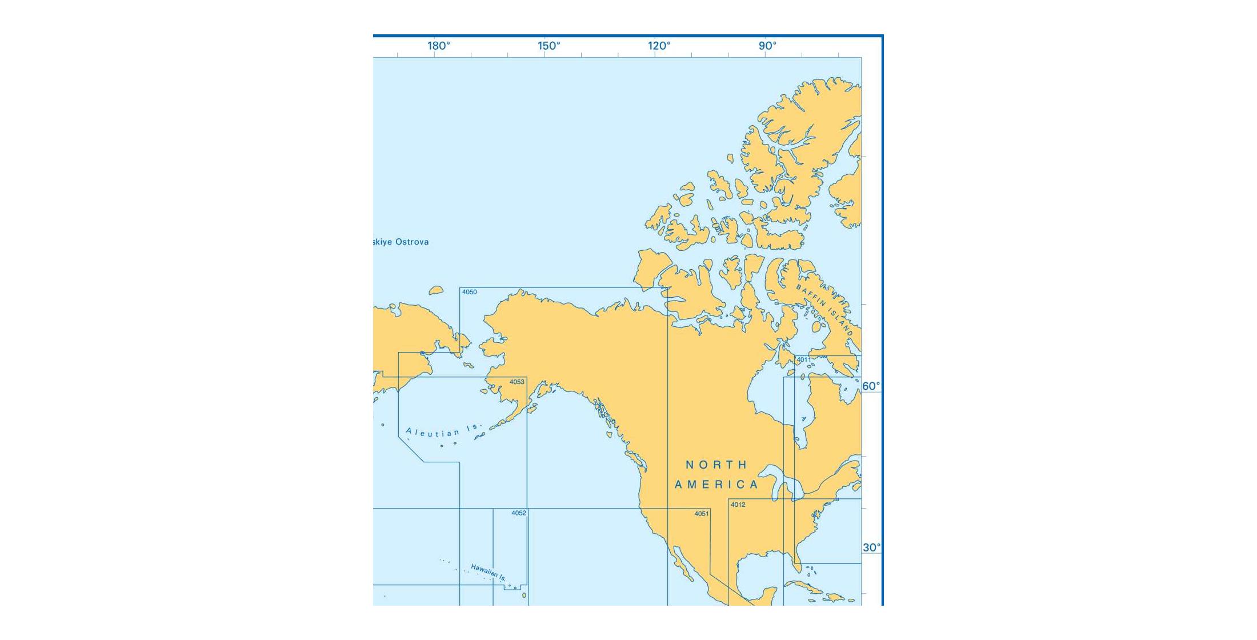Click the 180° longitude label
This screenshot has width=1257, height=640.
coord(439,46)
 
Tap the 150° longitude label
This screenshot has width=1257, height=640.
coord(549,46)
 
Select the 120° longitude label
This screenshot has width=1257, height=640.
coord(659,46)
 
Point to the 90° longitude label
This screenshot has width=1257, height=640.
coord(768,46)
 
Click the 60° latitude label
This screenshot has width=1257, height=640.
coord(871,386)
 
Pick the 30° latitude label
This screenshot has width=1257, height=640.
coord(871,547)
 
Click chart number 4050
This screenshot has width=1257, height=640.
coord(469,292)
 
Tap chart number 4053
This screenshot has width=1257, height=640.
coord(517,382)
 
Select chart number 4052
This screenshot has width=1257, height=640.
coord(519,513)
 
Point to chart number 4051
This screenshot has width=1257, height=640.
coord(702,514)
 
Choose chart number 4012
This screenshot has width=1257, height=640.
coord(738,505)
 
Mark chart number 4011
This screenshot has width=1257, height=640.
coord(803,359)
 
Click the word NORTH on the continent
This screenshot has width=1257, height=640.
coord(716,465)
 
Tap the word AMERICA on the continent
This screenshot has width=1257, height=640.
coord(716,485)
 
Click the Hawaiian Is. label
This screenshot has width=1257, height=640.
coord(489,572)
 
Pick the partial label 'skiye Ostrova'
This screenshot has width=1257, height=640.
coord(401,242)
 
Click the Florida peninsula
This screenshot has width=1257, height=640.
coord(796,557)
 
